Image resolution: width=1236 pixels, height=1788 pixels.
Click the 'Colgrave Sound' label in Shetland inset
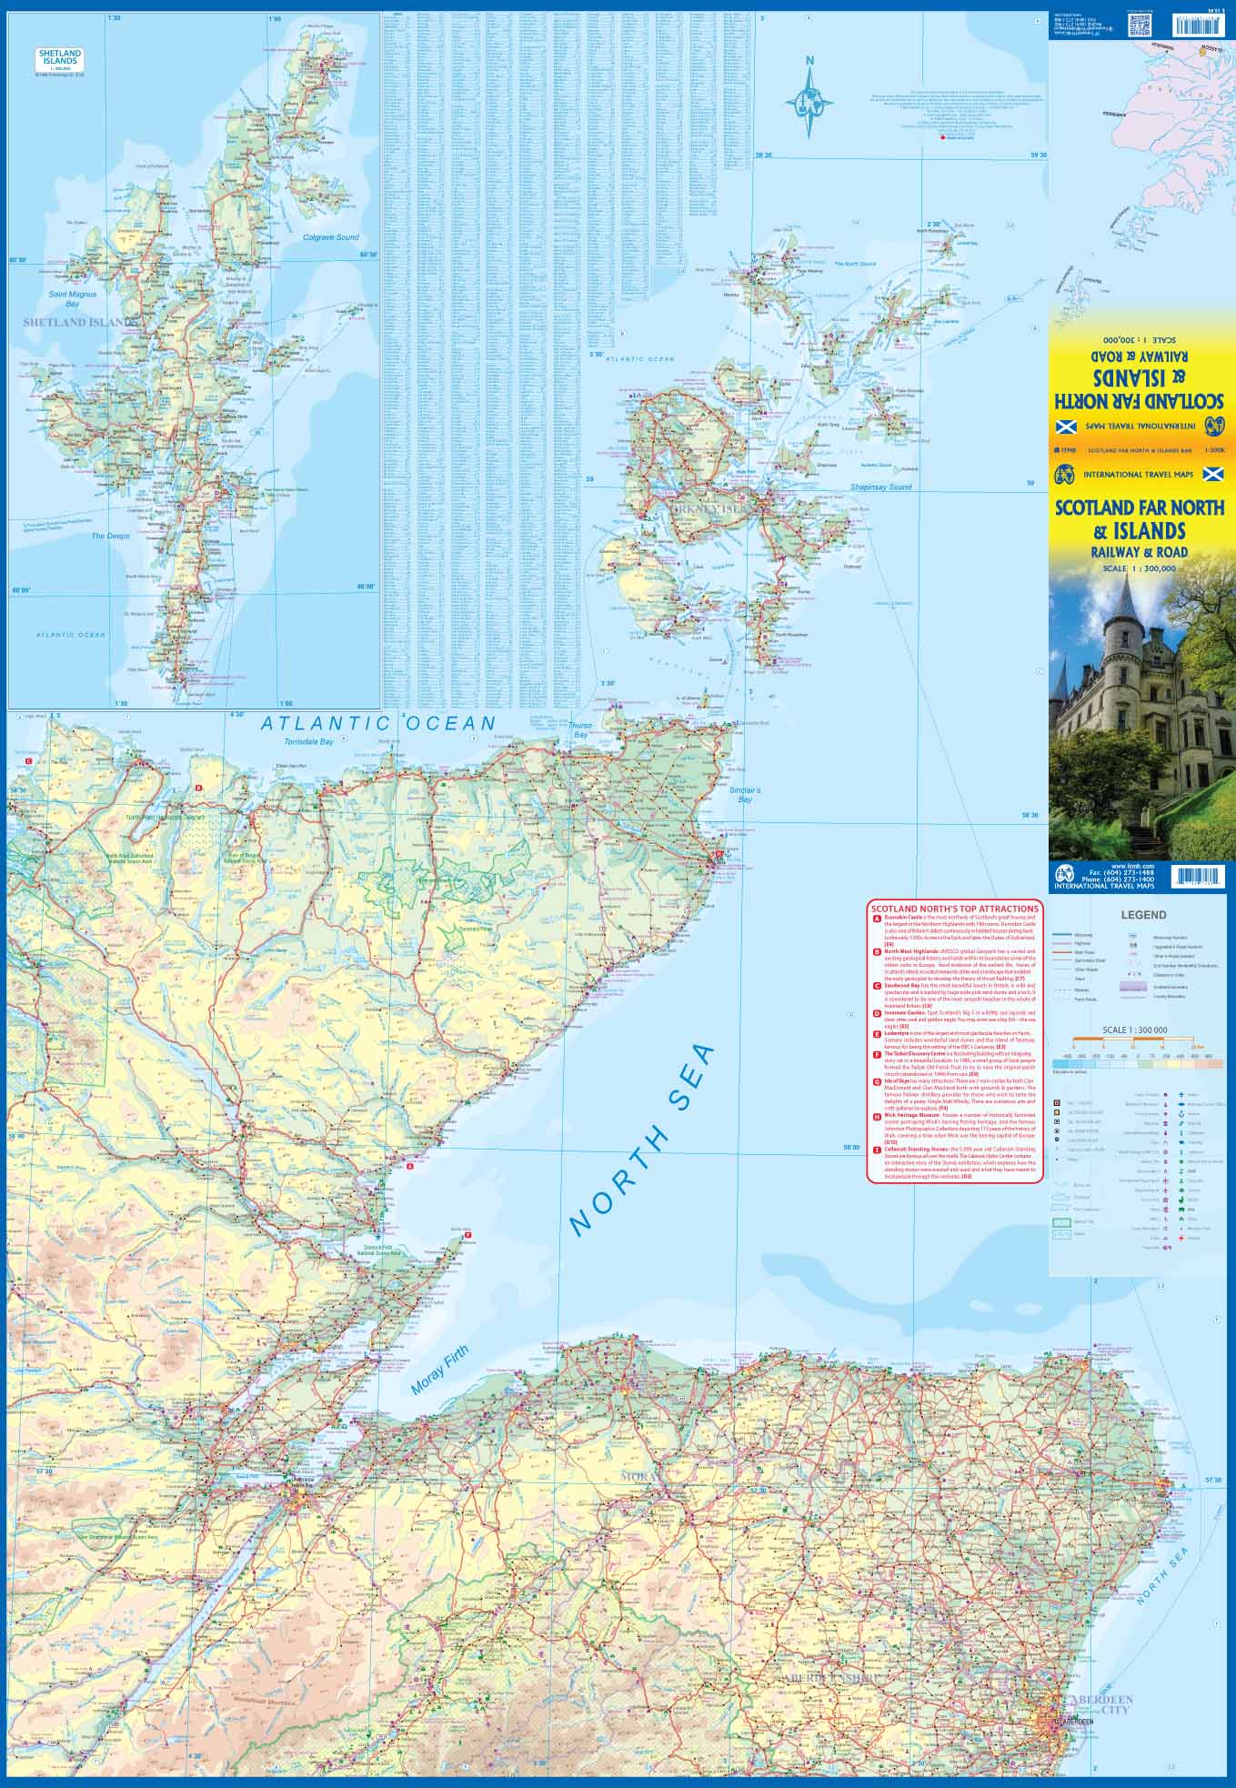coord(331,237)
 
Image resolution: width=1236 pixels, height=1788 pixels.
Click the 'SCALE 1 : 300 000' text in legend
coord(1134,1030)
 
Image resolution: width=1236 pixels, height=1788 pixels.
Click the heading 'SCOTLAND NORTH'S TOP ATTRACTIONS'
coord(955,909)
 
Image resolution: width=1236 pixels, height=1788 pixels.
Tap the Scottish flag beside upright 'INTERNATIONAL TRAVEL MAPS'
coord(1211,474)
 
